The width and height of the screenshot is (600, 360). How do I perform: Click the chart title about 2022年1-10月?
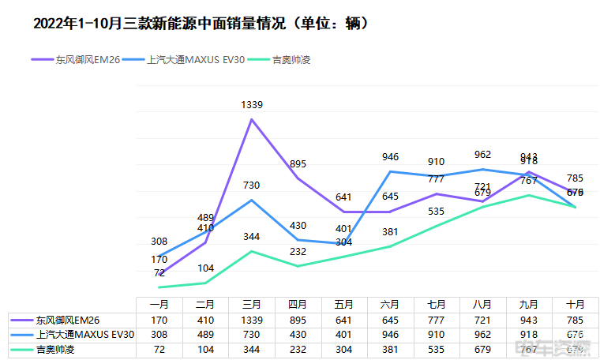201,24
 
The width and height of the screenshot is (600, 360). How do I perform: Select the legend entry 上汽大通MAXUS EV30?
196,59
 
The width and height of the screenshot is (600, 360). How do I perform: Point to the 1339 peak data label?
252,104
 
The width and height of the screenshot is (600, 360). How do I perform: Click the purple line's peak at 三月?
252,119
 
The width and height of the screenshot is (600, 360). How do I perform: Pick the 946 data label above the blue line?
390,156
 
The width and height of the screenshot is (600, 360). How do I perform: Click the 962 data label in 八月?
482,155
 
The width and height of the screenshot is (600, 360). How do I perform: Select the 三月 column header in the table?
252,304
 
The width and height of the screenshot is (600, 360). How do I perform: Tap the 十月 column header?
575,304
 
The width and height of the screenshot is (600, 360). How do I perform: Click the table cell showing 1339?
252,320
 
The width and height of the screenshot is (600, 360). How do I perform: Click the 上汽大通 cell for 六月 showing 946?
390,334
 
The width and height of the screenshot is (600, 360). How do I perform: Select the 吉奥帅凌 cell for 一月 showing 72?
159,348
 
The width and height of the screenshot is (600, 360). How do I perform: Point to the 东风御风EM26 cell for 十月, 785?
575,320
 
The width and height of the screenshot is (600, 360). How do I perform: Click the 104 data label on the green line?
205,268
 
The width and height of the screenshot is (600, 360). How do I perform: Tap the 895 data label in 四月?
298,163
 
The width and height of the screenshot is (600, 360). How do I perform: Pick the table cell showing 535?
436,348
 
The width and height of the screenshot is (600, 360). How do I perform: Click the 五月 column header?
344,304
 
